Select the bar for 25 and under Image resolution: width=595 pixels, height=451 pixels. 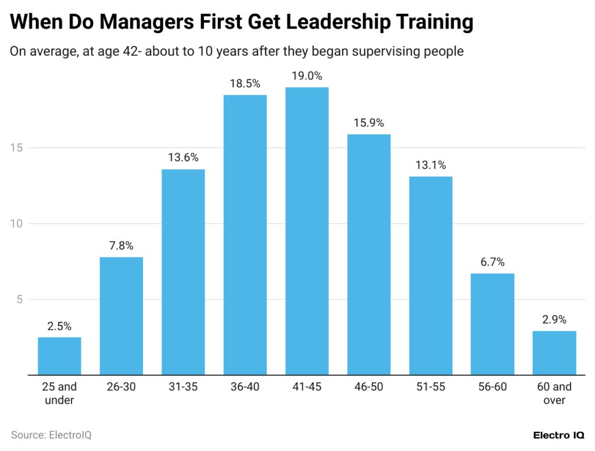pos(59,356)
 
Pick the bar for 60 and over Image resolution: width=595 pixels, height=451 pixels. pos(554,353)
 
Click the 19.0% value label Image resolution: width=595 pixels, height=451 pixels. pos(307,76)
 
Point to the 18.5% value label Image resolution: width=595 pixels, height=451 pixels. pos(245,84)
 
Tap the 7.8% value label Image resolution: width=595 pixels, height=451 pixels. pos(121,246)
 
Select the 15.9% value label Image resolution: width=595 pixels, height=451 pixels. pos(368,123)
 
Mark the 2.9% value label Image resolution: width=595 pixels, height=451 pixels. pos(554,320)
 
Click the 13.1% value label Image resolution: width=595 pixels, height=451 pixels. pos(431,165)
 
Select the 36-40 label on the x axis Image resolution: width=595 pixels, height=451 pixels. pos(245,387)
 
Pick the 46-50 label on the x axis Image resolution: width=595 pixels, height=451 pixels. pos(368,387)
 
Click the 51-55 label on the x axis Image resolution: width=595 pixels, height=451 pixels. pos(431,387)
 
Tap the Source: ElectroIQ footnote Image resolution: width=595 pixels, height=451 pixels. pos(51,435)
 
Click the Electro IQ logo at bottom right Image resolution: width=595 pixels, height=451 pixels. pos(558,435)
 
